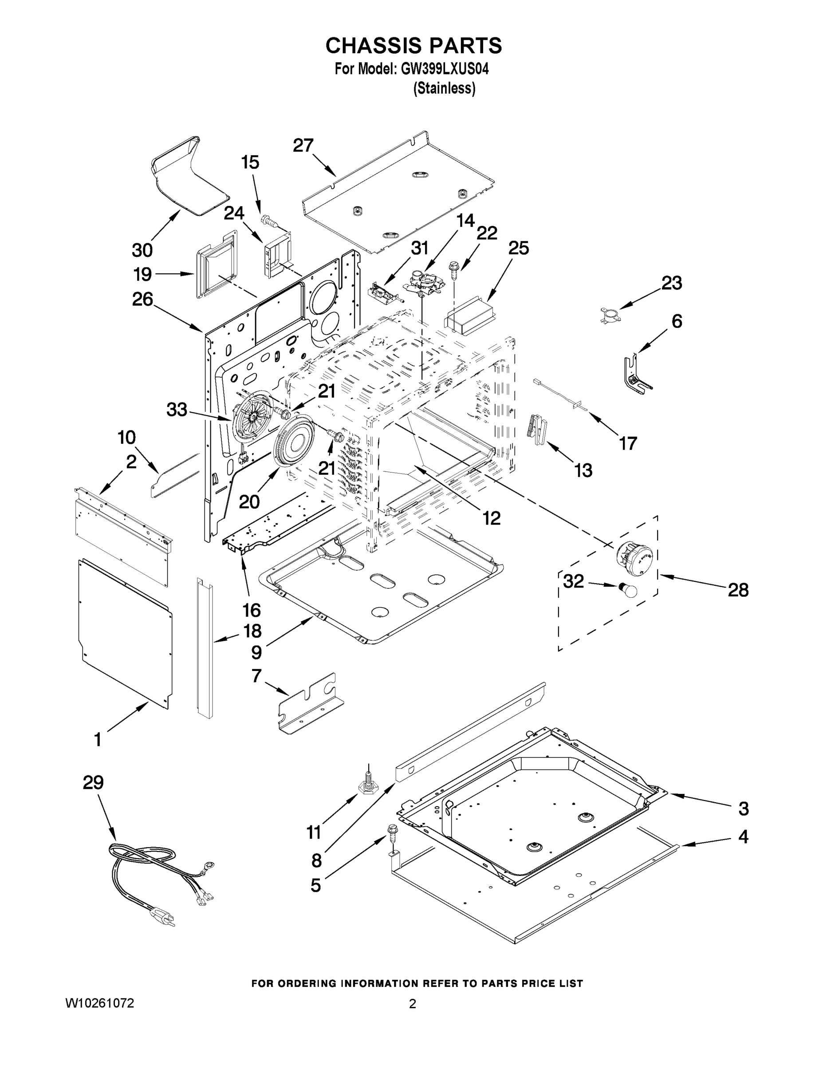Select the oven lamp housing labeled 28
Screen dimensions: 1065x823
pos(634,558)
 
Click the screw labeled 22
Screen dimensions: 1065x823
pos(453,270)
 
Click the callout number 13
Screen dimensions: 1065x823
pos(583,470)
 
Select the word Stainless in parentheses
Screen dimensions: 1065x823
pos(444,88)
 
